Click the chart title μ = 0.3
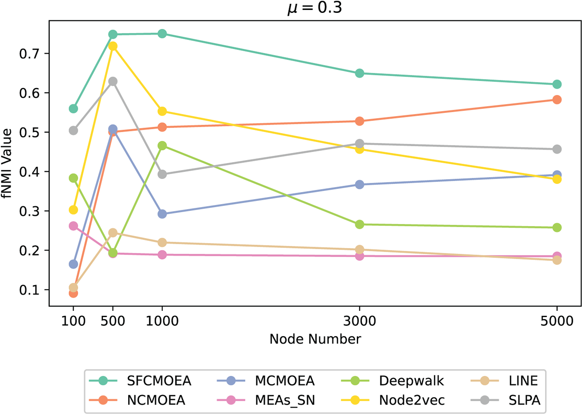click(x=315, y=7)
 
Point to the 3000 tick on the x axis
click(x=359, y=321)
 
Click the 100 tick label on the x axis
click(x=73, y=321)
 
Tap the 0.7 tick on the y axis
click(x=29, y=54)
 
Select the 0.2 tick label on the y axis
click(x=29, y=251)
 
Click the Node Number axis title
click(x=315, y=339)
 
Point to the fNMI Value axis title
click(x=7, y=163)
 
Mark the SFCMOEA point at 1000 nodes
click(x=162, y=34)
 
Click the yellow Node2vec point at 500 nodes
click(x=113, y=46)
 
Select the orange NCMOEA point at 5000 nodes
click(x=557, y=100)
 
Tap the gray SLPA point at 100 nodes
click(x=73, y=131)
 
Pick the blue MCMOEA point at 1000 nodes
click(x=162, y=214)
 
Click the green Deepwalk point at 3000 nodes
click(x=359, y=225)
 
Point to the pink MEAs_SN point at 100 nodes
click(x=73, y=226)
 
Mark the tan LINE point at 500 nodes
click(x=113, y=232)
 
